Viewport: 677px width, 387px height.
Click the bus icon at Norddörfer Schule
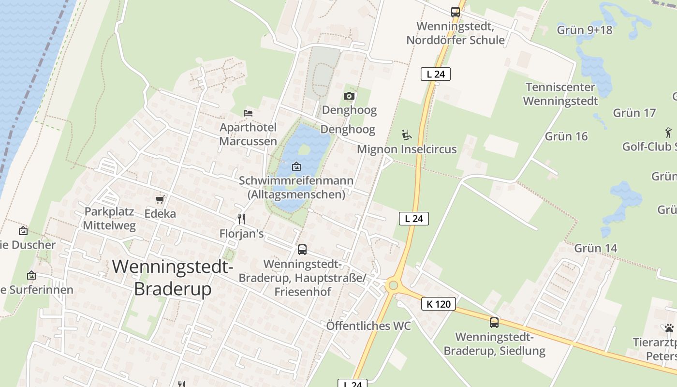pos(455,12)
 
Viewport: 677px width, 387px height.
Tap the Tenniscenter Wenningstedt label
pos(560,94)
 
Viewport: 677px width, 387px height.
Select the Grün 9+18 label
pos(584,30)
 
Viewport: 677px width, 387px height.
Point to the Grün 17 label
pos(634,113)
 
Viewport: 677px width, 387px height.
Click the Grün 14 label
pos(595,249)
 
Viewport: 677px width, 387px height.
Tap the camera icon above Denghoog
pos(349,96)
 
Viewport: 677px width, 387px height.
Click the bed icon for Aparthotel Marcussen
pos(248,113)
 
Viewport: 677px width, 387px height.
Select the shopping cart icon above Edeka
pos(160,199)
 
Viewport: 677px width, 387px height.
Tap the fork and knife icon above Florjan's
pos(241,219)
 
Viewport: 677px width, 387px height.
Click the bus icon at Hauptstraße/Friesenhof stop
pos(302,250)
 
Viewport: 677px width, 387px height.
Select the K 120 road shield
pos(439,304)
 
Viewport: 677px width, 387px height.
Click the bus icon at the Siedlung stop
pos(494,322)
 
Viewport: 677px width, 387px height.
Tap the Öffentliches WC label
pos(368,326)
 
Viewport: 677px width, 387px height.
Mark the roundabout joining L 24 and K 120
pos(393,285)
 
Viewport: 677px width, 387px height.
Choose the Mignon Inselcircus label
pos(407,149)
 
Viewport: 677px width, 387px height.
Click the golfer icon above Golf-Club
pos(668,132)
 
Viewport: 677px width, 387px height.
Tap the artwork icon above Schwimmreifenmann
pos(296,167)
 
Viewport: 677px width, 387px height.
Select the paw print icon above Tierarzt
pos(669,328)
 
